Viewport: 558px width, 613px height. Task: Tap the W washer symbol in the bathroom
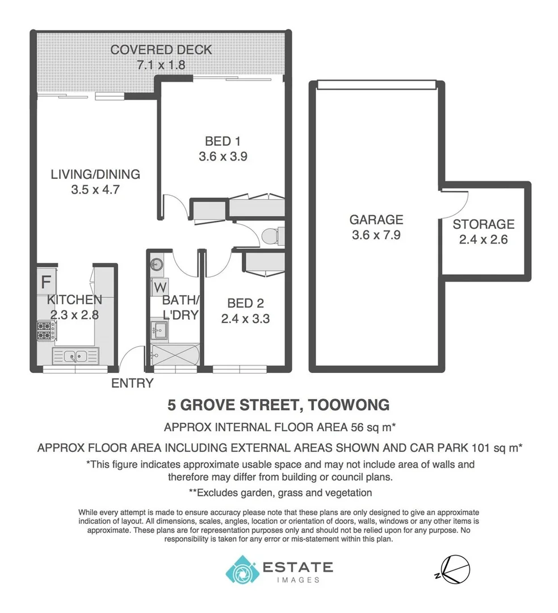158,287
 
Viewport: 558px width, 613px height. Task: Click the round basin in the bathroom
157,263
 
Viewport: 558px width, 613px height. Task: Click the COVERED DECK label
161,49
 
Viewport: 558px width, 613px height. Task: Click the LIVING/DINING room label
95,174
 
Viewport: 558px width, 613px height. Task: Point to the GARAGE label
376,220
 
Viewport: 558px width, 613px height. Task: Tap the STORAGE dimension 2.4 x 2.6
483,239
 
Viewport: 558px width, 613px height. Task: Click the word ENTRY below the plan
132,383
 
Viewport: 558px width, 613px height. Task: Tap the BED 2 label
245,303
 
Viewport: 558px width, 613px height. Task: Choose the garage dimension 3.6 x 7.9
376,234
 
